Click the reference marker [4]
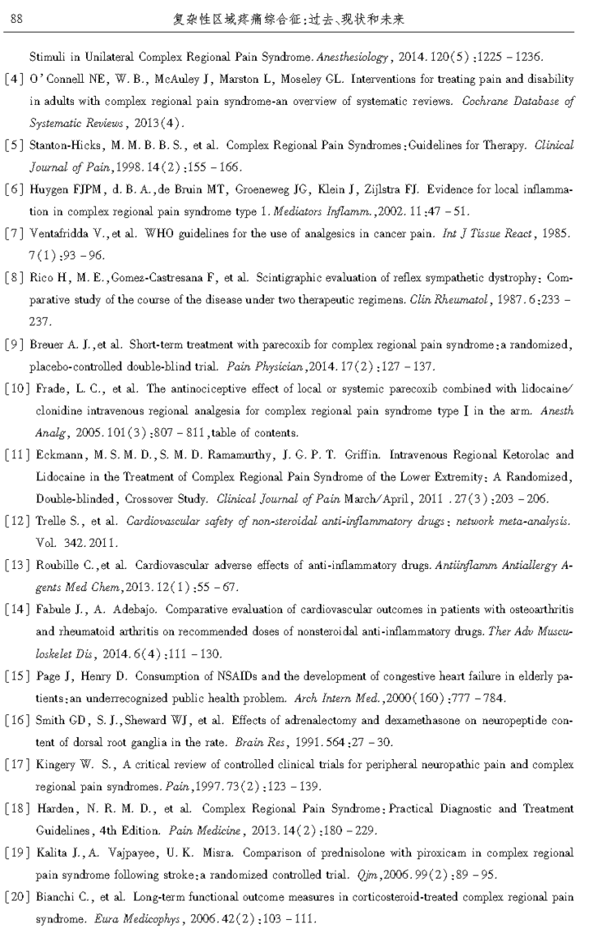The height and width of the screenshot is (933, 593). (x=15, y=80)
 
